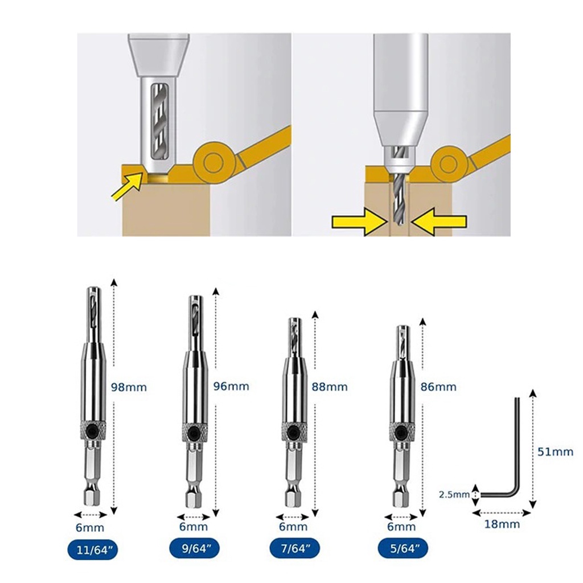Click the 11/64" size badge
[93, 550]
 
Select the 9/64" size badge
[195, 548]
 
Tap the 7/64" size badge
[295, 548]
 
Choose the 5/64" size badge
[403, 548]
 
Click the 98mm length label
[129, 387]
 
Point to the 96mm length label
[231, 387]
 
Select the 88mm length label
[330, 387]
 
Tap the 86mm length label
[438, 387]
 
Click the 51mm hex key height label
[556, 451]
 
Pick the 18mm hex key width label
[502, 524]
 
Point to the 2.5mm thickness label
[454, 495]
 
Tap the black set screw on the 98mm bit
[92, 432]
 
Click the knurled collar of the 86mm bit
[402, 431]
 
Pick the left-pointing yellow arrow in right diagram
[439, 222]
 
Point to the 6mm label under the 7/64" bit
[293, 527]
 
